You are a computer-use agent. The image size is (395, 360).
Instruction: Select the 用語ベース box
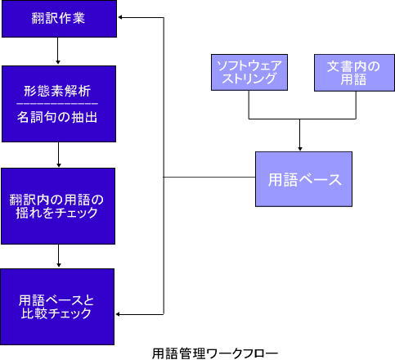point(304,179)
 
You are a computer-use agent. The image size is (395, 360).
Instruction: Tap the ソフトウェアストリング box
point(248,71)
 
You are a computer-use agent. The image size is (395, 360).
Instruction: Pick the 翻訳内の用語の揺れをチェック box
point(57,205)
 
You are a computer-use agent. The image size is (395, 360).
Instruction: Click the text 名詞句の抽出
point(57,117)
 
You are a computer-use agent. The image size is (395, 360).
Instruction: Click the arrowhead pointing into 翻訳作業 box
point(120,16)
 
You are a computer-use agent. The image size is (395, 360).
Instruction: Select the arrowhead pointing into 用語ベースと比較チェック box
point(120,313)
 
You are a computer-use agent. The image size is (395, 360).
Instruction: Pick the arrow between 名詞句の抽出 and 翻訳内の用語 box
point(57,156)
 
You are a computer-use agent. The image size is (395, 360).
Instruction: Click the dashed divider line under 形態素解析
point(57,104)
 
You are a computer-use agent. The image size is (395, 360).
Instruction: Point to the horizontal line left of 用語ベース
point(209,178)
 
